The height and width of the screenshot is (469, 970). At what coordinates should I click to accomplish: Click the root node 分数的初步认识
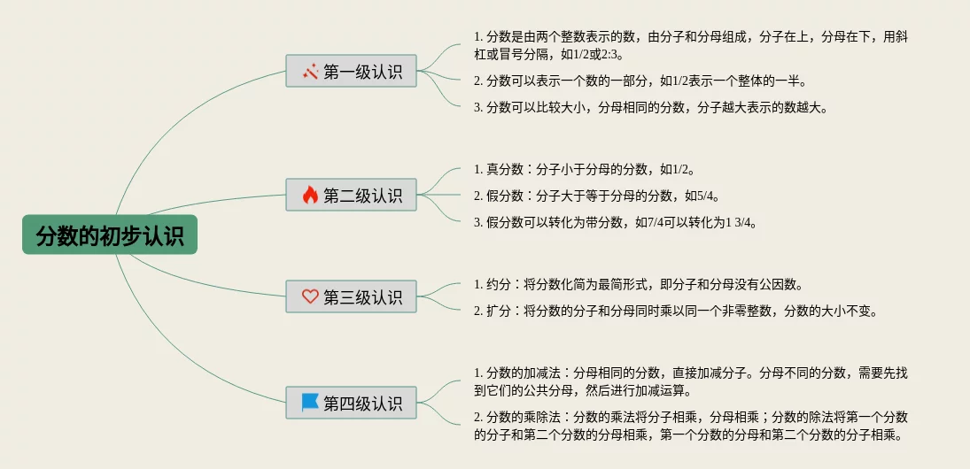pos(110,235)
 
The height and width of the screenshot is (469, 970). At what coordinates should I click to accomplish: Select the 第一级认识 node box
pos(351,72)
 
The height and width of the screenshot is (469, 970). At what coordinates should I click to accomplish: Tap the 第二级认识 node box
pos(351,195)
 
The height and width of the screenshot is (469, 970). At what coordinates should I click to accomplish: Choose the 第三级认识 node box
pos(351,296)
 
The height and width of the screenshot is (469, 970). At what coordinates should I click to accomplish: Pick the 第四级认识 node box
pos(351,403)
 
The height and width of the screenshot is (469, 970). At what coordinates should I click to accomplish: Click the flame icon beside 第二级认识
pos(310,195)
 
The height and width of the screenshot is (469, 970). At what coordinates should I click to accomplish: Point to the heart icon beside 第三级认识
pos(310,296)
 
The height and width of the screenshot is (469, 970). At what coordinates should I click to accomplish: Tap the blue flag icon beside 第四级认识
pos(310,403)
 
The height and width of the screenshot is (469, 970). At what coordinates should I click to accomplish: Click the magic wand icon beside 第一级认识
pos(310,72)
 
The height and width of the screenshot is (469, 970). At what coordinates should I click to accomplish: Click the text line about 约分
pos(639,284)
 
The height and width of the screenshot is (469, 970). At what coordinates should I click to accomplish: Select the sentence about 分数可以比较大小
pos(651,107)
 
